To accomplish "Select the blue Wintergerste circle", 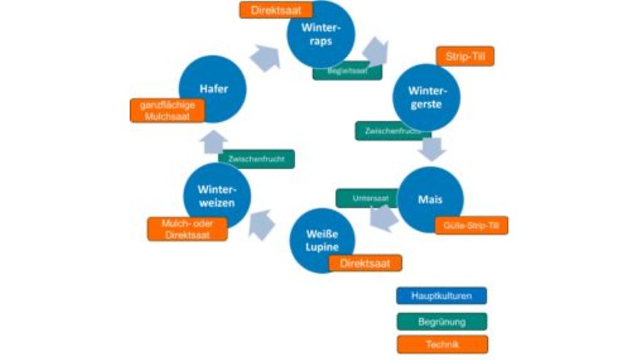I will [x=426, y=97].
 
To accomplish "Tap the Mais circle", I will [x=431, y=200].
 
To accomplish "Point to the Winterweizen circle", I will [x=216, y=196].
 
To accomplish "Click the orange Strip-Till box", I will [x=465, y=56].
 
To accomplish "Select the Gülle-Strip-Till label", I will [x=471, y=225].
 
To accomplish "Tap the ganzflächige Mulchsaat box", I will [x=167, y=110].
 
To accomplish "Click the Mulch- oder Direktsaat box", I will [x=188, y=229].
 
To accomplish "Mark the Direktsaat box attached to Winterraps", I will [x=276, y=10].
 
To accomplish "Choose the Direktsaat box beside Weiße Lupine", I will [x=365, y=263].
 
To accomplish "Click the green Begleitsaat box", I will [x=347, y=71].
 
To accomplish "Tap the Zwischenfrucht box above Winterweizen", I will [x=256, y=159].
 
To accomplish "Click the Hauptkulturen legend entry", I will [x=441, y=296].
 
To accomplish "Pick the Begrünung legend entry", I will [x=441, y=321].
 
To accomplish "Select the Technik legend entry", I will [x=441, y=344].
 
